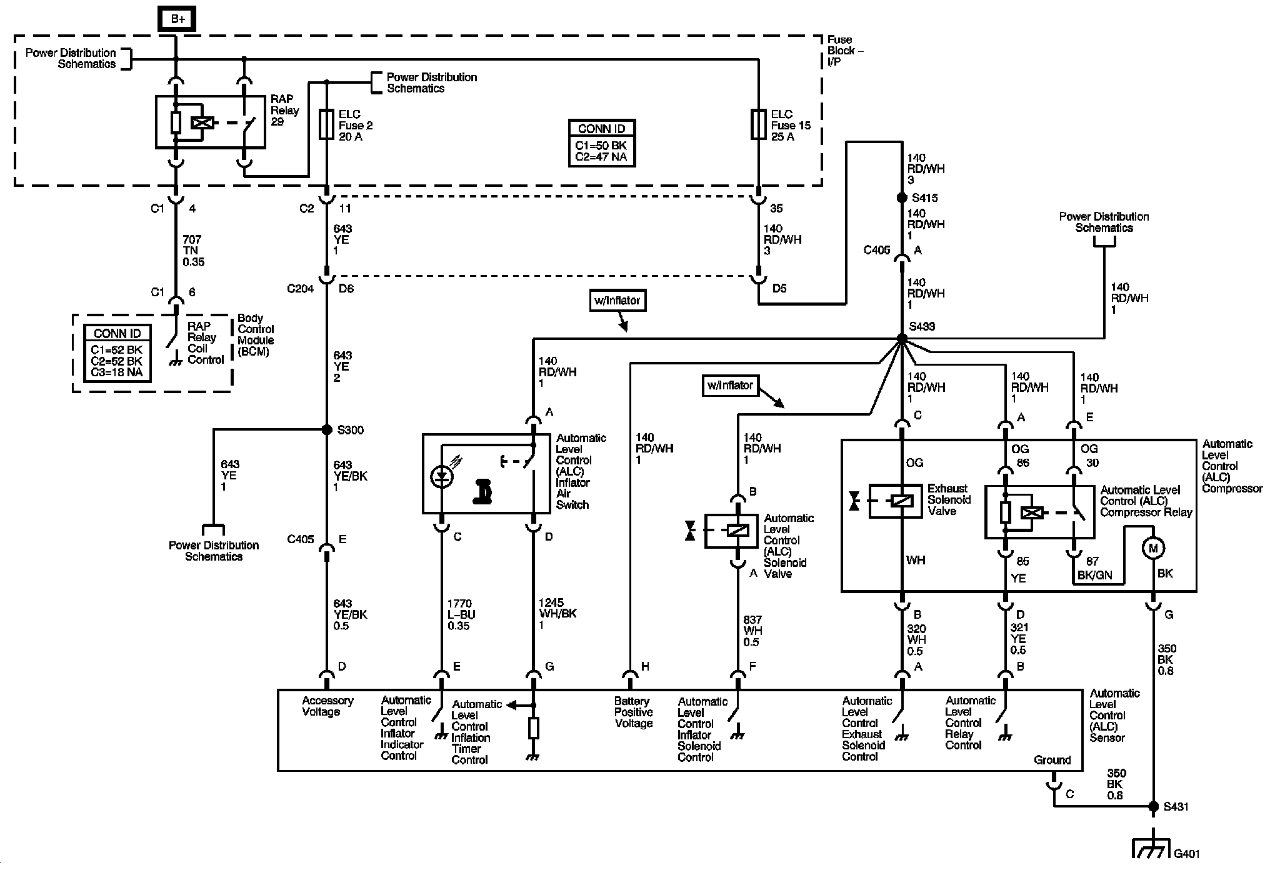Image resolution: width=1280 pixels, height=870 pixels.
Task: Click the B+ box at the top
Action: pyautogui.click(x=177, y=19)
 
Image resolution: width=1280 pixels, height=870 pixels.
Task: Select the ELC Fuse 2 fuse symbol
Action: pyautogui.click(x=326, y=124)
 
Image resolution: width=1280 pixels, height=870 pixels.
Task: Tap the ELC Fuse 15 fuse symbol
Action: pyautogui.click(x=758, y=124)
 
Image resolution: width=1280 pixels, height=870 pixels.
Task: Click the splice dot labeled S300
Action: pyautogui.click(x=326, y=430)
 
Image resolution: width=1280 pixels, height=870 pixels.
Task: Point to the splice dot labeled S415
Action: pyautogui.click(x=902, y=197)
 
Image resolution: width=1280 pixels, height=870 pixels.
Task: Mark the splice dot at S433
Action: pyautogui.click(x=902, y=338)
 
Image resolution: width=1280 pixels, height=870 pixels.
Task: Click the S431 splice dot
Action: pyautogui.click(x=1153, y=806)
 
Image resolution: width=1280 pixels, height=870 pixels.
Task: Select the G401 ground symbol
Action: pyautogui.click(x=1151, y=849)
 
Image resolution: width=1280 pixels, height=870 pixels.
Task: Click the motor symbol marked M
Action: pyautogui.click(x=1153, y=548)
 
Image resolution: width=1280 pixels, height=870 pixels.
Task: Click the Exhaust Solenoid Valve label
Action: pyautogui.click(x=949, y=500)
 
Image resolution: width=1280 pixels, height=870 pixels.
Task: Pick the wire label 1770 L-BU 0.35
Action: pyautogui.click(x=461, y=614)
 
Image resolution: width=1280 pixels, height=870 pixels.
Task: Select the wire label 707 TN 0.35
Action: pyautogui.click(x=193, y=251)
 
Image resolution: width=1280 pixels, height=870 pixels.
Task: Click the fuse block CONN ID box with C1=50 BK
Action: pyautogui.click(x=602, y=143)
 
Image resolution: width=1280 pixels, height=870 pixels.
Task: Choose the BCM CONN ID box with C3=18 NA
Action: pyautogui.click(x=118, y=354)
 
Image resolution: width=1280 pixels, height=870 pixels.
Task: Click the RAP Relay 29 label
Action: pyautogui.click(x=284, y=111)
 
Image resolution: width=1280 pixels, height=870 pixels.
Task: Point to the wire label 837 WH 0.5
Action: pyautogui.click(x=752, y=631)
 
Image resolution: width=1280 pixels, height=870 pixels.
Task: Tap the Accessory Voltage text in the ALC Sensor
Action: pyautogui.click(x=327, y=706)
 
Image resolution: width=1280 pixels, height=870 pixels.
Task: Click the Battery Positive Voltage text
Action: pyautogui.click(x=633, y=712)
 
